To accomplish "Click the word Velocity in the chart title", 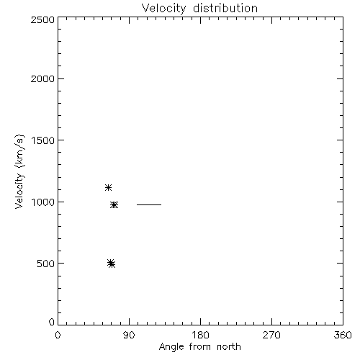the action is [164, 9].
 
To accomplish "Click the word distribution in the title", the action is [225, 8].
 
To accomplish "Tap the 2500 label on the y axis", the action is [42, 19].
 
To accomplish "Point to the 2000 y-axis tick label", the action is [42, 78].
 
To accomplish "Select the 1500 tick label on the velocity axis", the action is [43, 140].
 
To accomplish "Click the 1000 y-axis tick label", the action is [43, 202].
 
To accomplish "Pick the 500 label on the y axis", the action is [46, 264].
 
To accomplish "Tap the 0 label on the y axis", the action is [52, 322].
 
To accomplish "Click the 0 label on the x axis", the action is [58, 335].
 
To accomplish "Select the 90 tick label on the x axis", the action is [129, 335].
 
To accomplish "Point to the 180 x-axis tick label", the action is [200, 335].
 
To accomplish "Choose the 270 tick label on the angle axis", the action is [271, 335].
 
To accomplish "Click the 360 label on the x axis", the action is [343, 335].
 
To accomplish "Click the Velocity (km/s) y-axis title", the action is [19, 171].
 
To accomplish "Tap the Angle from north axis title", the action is [200, 347].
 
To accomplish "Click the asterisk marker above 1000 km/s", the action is [108, 187].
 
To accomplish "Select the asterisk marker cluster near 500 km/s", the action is [111, 264].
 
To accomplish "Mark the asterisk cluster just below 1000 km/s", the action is [114, 205].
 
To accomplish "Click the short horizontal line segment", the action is [149, 204].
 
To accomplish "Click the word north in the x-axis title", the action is [229, 347].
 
